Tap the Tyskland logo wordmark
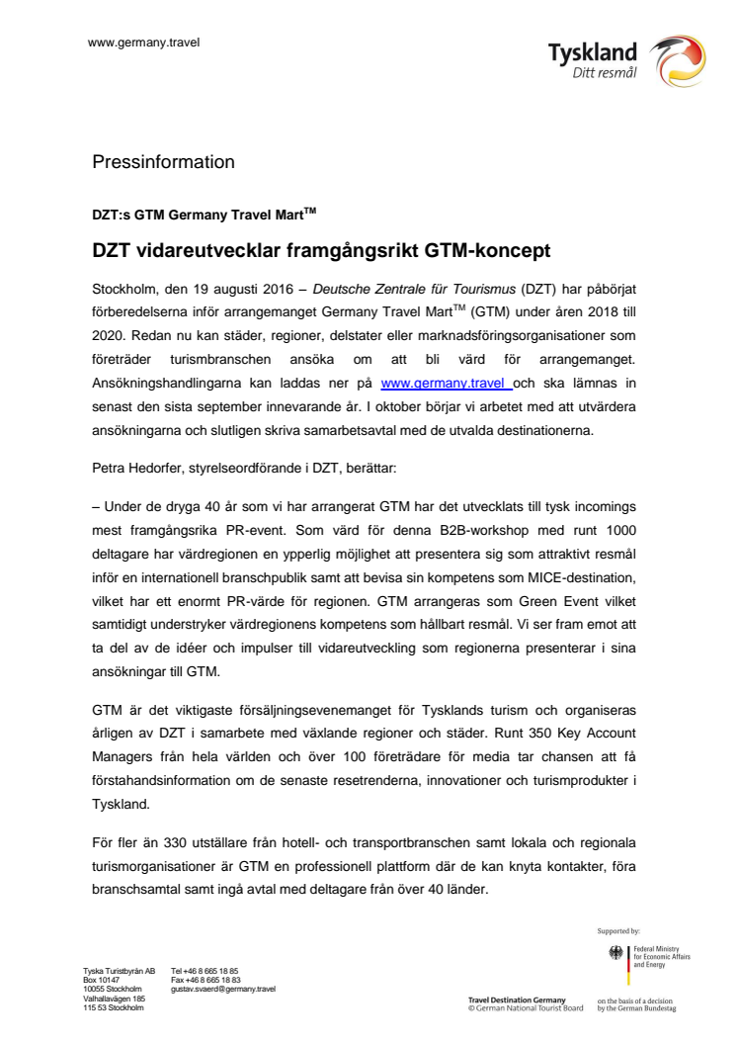592,51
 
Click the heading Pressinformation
163,161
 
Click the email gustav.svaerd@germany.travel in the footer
223,989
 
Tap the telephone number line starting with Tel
205,971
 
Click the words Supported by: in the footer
618,930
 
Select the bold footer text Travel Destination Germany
517,1000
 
